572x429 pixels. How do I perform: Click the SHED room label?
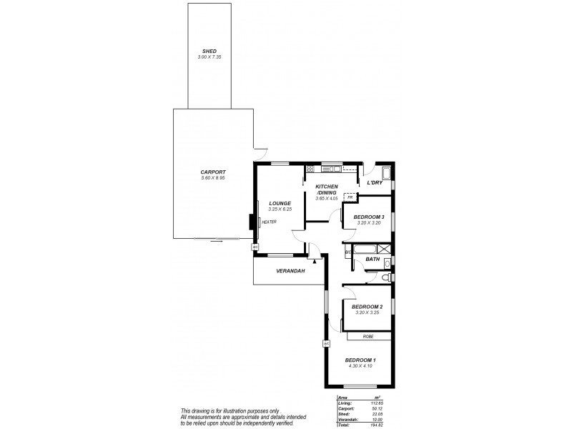209,51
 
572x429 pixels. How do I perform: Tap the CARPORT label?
213,172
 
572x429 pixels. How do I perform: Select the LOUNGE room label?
280,203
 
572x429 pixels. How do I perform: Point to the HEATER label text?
269,222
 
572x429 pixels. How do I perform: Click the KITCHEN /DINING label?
326,189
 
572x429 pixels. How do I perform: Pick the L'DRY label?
375,183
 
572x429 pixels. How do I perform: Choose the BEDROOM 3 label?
369,217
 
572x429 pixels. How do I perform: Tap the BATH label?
373,259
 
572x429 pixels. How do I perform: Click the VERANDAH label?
290,271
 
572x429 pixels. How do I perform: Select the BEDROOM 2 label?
369,306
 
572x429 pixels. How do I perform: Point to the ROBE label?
368,335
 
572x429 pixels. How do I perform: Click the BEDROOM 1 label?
360,360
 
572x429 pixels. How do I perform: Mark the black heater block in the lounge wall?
252,222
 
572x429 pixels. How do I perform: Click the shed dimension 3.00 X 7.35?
209,56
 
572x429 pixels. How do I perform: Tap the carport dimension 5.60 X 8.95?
213,178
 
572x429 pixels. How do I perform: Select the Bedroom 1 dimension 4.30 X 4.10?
360,366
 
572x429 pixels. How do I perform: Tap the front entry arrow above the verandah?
315,262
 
